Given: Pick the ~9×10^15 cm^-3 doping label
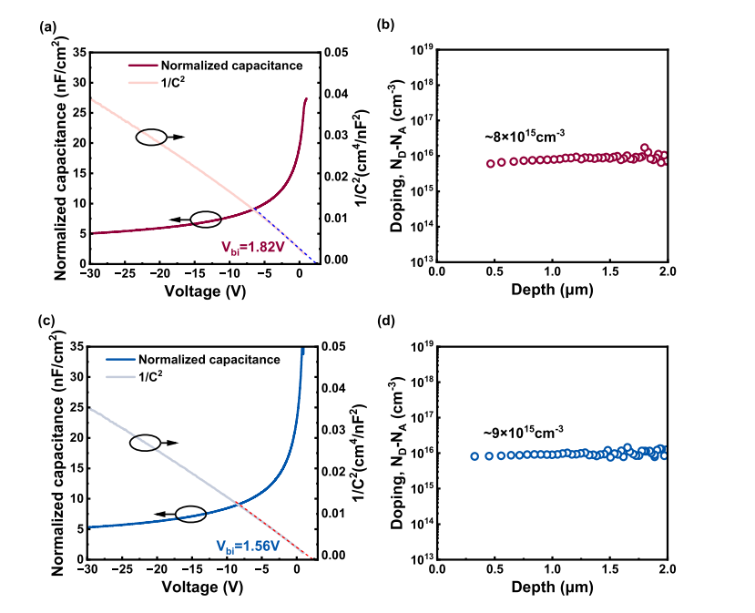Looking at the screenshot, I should [x=522, y=432].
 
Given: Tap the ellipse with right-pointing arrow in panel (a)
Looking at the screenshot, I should [x=153, y=138].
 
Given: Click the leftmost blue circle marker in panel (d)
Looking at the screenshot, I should [x=475, y=456].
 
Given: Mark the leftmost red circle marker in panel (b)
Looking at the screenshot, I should [x=491, y=164].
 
